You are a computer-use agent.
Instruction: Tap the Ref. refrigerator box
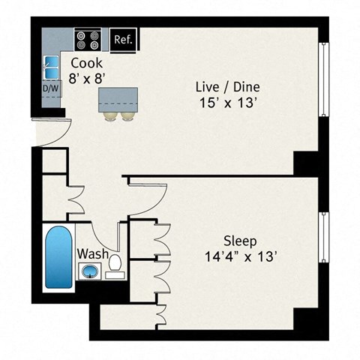pyautogui.click(x=123, y=39)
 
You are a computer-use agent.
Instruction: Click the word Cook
pyautogui.click(x=86, y=63)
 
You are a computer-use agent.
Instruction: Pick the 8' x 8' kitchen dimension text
pyautogui.click(x=86, y=77)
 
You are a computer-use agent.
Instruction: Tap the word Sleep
pyautogui.click(x=241, y=241)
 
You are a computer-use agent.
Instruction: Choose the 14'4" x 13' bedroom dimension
pyautogui.click(x=241, y=257)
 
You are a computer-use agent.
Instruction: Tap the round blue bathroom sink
pyautogui.click(x=91, y=271)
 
